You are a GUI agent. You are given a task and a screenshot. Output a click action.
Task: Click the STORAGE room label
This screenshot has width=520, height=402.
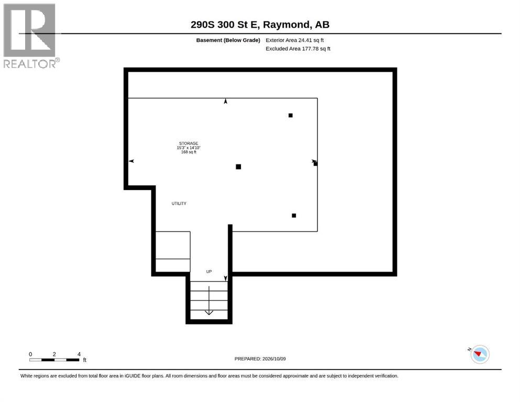pyautogui.click(x=189, y=143)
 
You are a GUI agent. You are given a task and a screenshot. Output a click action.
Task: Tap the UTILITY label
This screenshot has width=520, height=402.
pyautogui.click(x=179, y=204)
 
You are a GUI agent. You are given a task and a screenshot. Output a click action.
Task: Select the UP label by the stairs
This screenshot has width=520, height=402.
pyautogui.click(x=209, y=272)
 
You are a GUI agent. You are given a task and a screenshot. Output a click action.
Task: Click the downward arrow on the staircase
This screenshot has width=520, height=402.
pyautogui.click(x=209, y=300)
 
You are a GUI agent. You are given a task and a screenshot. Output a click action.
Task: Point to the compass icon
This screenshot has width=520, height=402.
pyautogui.click(x=480, y=354)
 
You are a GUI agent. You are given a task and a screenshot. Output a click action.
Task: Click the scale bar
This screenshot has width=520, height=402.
pyautogui.click(x=54, y=360)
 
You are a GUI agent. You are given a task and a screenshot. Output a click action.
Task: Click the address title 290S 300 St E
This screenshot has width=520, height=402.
pyautogui.click(x=226, y=25)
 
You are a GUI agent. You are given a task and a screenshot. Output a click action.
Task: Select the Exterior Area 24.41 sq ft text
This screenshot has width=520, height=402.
pyautogui.click(x=294, y=40)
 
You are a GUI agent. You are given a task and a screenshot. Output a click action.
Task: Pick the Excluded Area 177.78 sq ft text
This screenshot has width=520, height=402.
pyautogui.click(x=298, y=49)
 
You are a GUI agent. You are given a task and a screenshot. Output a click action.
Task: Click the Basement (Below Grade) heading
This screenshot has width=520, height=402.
pyautogui.click(x=228, y=40)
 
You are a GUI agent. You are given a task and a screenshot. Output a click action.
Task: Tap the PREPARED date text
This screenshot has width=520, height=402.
pyautogui.click(x=260, y=359)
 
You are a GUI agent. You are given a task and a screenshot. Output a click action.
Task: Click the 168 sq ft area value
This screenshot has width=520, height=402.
pyautogui.click(x=189, y=152)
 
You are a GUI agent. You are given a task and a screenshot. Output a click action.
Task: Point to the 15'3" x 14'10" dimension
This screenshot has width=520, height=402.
pyautogui.click(x=189, y=148)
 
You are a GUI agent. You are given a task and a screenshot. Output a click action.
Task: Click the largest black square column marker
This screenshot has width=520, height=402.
pyautogui.click(x=238, y=166)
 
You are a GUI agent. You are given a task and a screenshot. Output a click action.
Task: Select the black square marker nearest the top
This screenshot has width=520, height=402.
pyautogui.click(x=291, y=115)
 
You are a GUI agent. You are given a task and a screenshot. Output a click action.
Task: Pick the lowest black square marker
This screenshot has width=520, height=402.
pyautogui.click(x=294, y=216)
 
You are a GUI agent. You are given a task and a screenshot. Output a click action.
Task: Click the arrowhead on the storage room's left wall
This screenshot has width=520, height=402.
pyautogui.click(x=131, y=161)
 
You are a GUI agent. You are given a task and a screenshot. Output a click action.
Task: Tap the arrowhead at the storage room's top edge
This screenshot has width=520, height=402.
pyautogui.click(x=226, y=101)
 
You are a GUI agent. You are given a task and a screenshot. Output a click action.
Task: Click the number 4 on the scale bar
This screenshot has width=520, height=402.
pyautogui.click(x=79, y=354)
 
